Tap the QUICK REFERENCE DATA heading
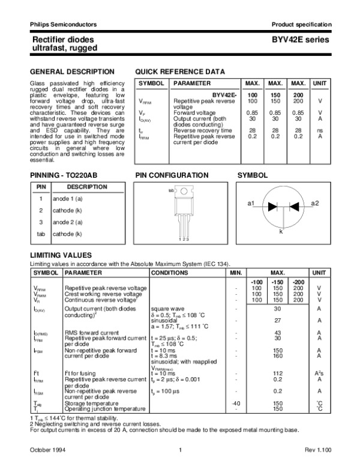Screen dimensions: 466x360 click(x=181, y=71)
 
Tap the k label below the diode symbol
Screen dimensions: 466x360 click(x=281, y=231)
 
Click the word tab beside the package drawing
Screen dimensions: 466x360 click(x=171, y=190)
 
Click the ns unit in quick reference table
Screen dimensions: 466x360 click(x=320, y=130)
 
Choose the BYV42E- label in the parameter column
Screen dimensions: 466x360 click(x=224, y=95)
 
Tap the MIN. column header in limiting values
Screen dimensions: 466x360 click(x=235, y=273)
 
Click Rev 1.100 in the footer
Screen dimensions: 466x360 click(x=317, y=450)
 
